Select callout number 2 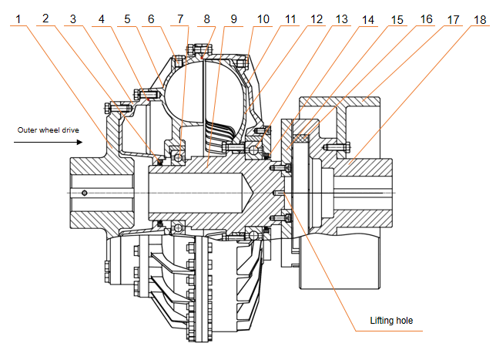[47, 18]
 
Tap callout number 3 [74, 18]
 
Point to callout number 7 [179, 18]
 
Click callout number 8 [206, 18]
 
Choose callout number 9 [233, 18]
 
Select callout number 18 [480, 18]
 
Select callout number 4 [100, 18]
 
